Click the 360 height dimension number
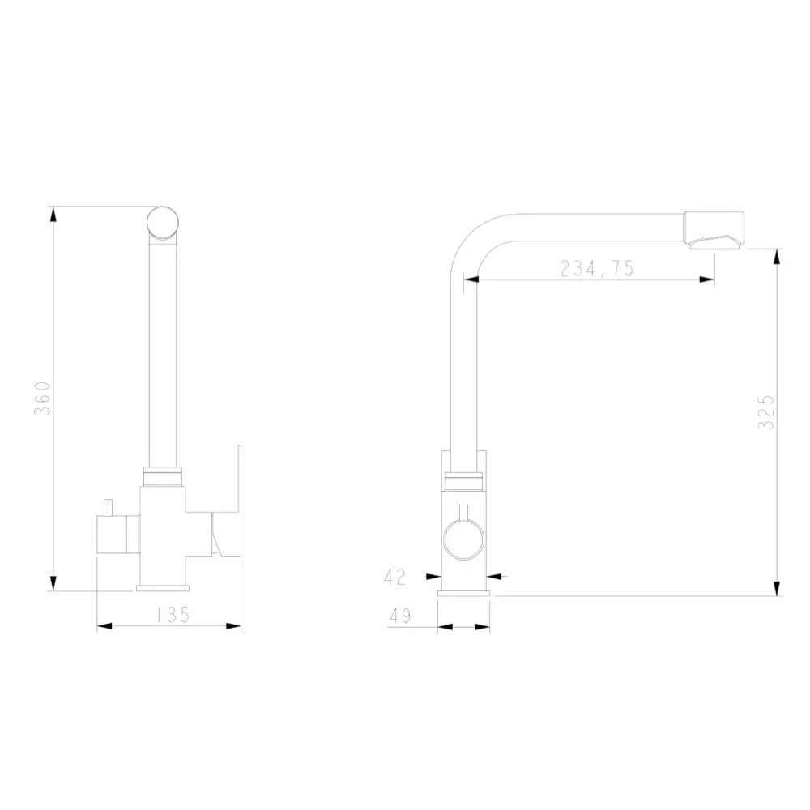pyautogui.click(x=46, y=398)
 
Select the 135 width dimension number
pyautogui.click(x=170, y=615)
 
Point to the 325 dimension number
pyautogui.click(x=767, y=411)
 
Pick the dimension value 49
pyautogui.click(x=399, y=616)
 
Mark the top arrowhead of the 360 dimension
pyautogui.click(x=53, y=214)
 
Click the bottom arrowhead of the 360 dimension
pyautogui.click(x=53, y=583)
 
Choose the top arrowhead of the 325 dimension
pyautogui.click(x=778, y=256)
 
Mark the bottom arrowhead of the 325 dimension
pyautogui.click(x=778, y=588)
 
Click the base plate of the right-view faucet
pyautogui.click(x=464, y=593)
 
